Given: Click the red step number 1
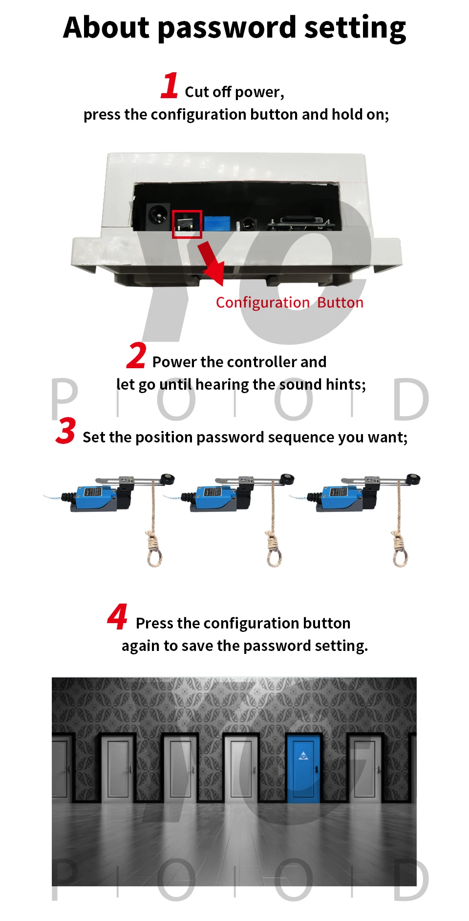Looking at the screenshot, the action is [x=170, y=85].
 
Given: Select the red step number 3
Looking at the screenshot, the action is [x=66, y=430].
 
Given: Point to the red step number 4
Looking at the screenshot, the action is [x=117, y=616].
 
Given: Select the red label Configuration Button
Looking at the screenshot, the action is [x=290, y=303].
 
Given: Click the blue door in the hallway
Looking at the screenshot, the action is [x=303, y=769].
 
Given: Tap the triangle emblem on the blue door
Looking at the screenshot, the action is [x=303, y=755].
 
